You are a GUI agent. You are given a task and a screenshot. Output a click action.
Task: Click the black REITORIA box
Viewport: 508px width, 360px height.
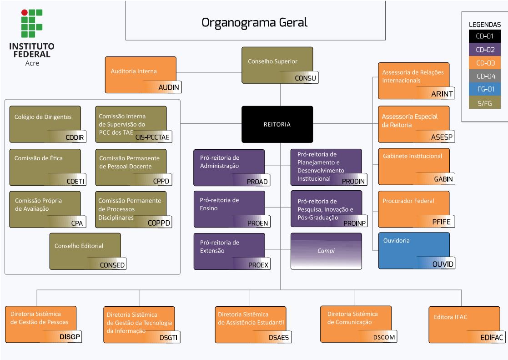click(277, 124)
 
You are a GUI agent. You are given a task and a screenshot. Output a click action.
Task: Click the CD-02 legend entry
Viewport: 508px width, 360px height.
click(484, 50)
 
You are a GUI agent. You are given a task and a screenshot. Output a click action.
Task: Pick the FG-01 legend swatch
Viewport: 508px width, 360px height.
click(484, 89)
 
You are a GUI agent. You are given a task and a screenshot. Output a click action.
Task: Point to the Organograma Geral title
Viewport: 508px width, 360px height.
click(255, 22)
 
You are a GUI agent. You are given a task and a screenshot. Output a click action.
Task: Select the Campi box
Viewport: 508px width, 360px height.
click(326, 251)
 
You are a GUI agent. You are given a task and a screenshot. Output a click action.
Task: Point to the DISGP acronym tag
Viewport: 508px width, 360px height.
click(69, 337)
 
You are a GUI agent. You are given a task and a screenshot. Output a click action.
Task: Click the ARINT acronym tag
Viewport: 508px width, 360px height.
click(442, 94)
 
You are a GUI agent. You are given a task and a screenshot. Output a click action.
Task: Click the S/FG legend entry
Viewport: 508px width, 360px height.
click(484, 102)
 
